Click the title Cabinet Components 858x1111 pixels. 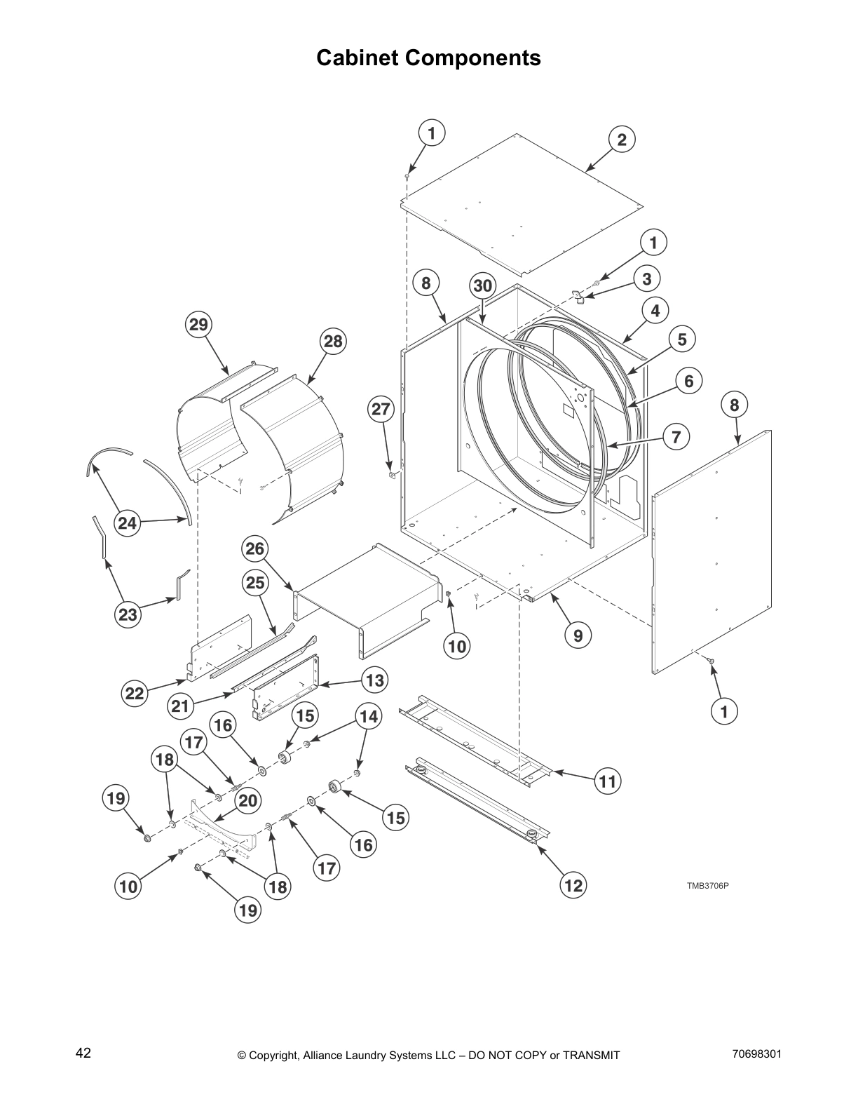pos(428,58)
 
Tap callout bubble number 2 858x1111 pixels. pos(621,139)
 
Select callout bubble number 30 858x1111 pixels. pos(483,286)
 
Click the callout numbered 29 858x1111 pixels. pos(199,325)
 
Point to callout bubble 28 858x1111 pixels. pos(333,342)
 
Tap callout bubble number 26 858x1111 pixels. pos(255,548)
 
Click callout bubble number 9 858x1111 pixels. pos(578,635)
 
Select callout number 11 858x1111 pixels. pos(608,781)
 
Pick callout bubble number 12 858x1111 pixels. pos(573,885)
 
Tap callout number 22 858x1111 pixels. pos(134,694)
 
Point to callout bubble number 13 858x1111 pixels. pos(375,680)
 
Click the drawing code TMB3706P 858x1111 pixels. pos(707,885)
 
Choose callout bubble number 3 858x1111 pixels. pos(646,278)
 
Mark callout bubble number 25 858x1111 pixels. pos(255,582)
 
